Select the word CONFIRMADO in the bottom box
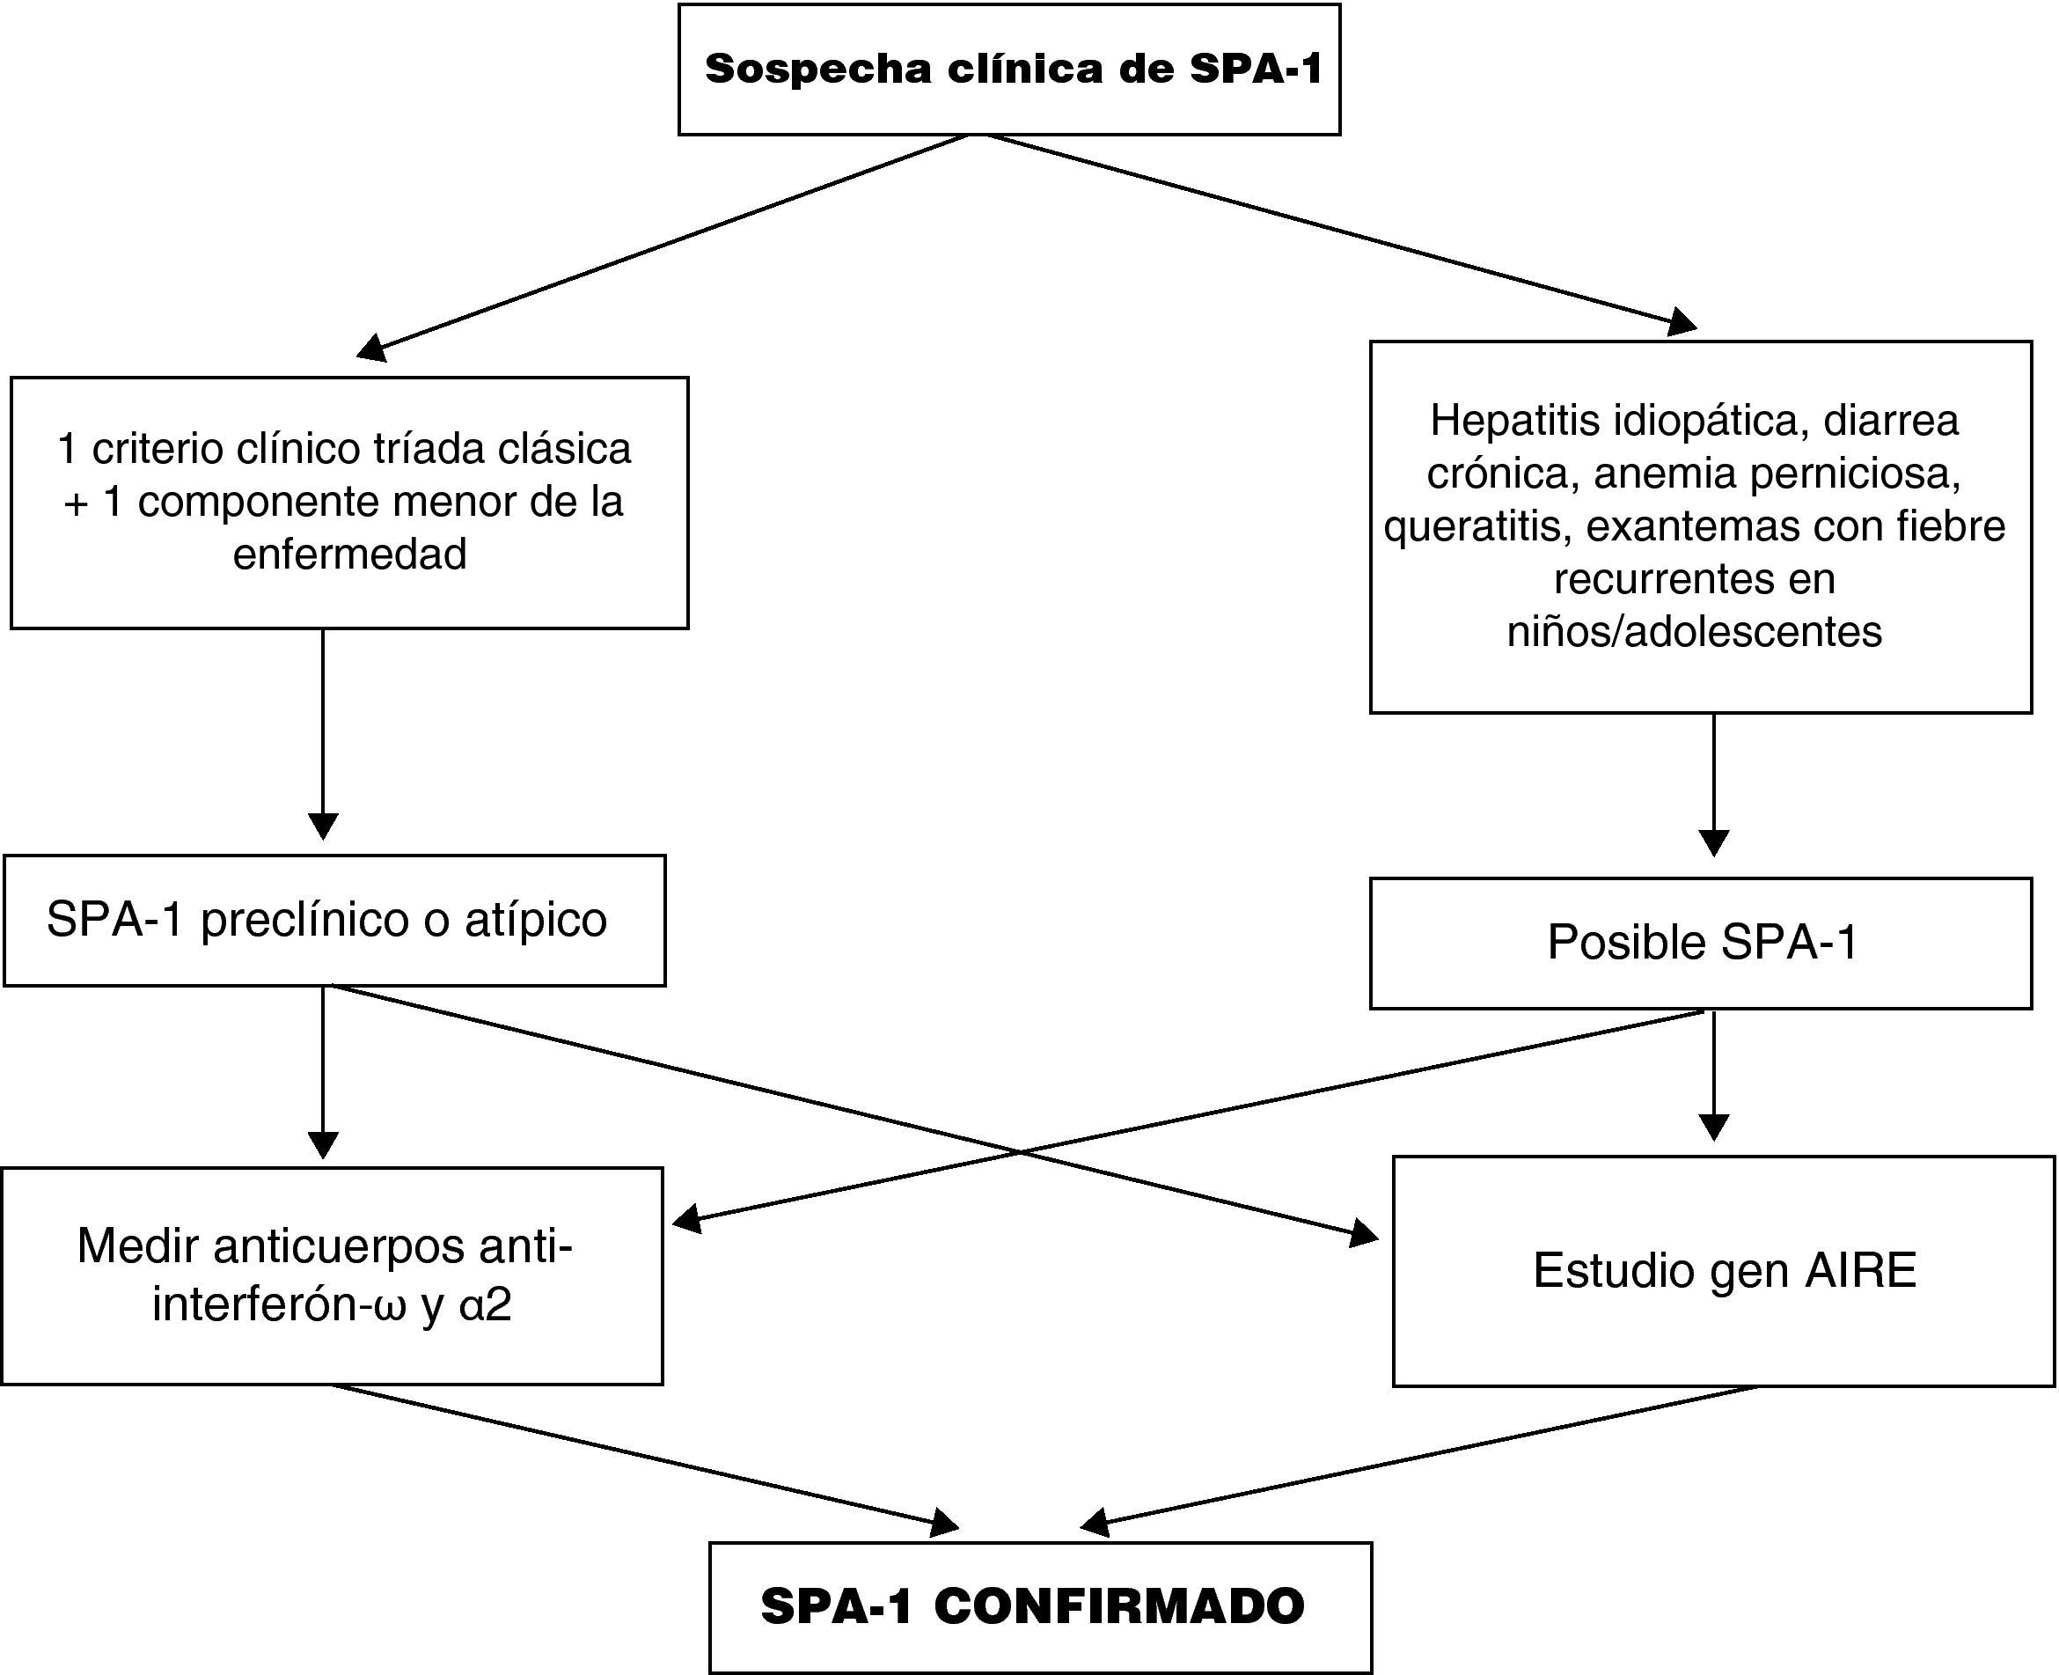tap(1118, 1606)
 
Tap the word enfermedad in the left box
tap(349, 554)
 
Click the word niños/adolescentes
tap(1694, 632)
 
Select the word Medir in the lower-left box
tap(138, 1246)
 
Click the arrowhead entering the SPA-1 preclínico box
tap(322, 826)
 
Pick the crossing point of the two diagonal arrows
tap(1018, 1151)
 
